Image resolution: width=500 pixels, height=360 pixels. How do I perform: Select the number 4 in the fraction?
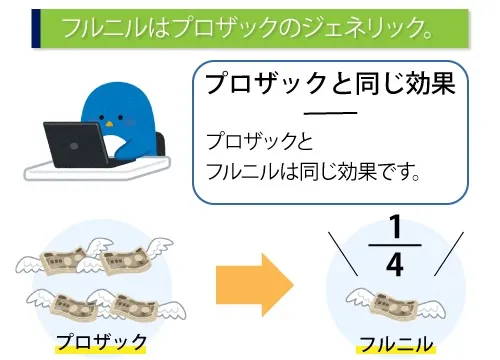[395, 264]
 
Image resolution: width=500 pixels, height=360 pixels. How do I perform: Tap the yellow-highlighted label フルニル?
[396, 344]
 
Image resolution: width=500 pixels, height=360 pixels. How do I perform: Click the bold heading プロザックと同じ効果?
[330, 84]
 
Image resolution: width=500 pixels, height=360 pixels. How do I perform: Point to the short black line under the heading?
[330, 113]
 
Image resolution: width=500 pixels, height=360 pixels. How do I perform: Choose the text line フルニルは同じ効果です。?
[311, 171]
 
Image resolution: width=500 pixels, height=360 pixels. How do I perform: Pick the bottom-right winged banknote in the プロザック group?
[130, 302]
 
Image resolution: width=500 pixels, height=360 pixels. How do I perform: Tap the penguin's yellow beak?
[127, 116]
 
